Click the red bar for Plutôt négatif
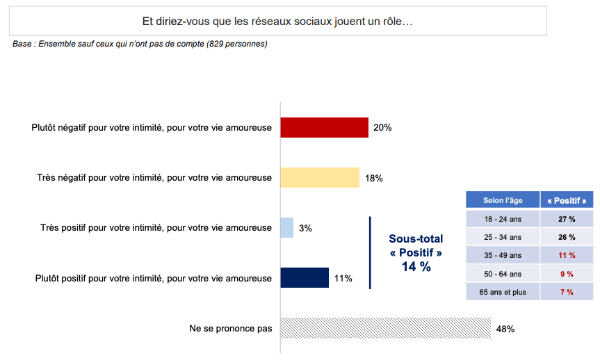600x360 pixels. tap(324, 128)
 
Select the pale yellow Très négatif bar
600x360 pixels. tap(320, 178)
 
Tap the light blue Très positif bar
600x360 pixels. tap(286, 228)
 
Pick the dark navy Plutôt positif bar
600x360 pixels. tap(305, 278)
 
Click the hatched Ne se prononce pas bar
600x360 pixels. tap(385, 328)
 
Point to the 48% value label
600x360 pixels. tap(505, 329)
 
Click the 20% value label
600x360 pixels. tap(382, 128)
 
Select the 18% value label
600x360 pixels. tap(374, 178)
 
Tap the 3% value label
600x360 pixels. tap(305, 228)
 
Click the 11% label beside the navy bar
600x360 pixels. tap(343, 279)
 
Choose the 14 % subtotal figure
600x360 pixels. tap(416, 266)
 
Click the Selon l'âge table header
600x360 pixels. tap(503, 200)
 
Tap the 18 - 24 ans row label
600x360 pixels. tap(503, 219)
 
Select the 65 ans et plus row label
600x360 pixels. tap(503, 292)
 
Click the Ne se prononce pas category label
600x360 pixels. tap(230, 328)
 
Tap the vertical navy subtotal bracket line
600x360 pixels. tap(370, 252)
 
